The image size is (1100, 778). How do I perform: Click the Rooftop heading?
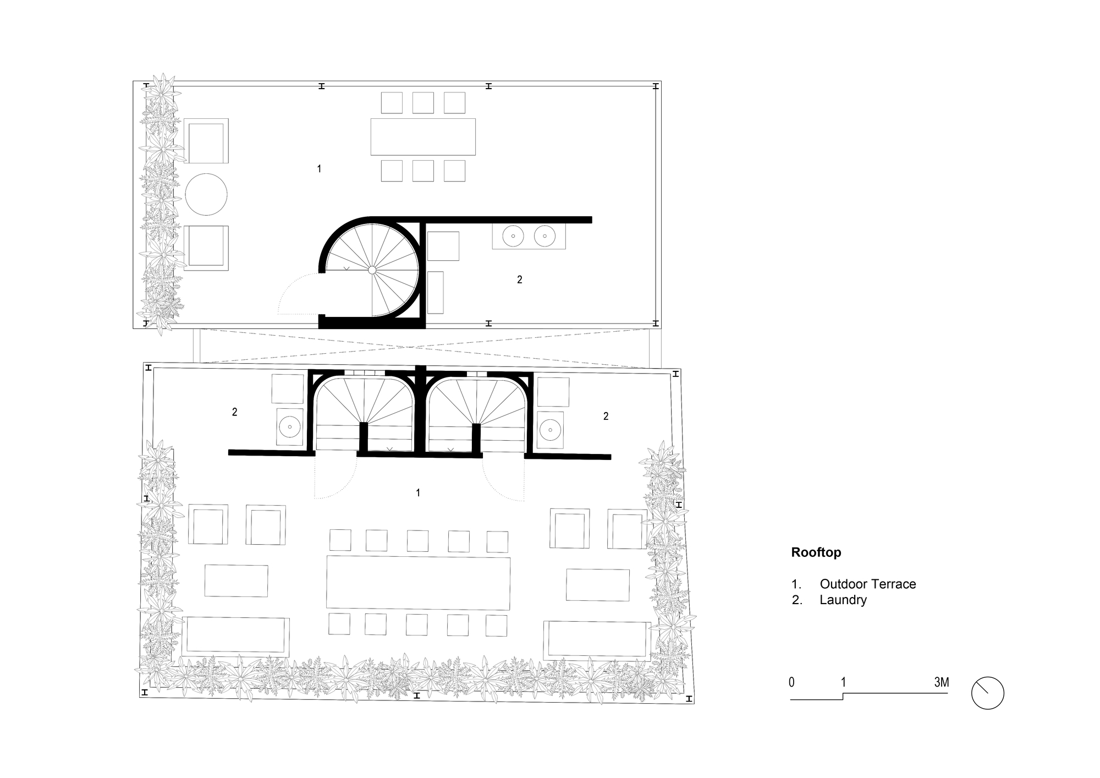816,552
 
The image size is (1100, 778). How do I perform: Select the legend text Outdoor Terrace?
867,584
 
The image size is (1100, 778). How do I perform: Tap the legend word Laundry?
843,600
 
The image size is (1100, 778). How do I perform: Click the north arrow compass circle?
987,693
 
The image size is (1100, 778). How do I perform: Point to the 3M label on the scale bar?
941,682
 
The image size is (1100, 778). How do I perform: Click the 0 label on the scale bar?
791,682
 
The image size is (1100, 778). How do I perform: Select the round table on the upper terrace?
206,194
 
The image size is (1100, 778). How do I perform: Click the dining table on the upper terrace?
422,136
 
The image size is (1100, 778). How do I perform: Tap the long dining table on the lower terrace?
418,583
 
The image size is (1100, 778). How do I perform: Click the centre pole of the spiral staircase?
372,270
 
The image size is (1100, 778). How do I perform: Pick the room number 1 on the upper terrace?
319,169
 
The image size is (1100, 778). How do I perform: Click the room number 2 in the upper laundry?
519,280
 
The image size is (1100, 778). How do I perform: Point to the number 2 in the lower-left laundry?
234,412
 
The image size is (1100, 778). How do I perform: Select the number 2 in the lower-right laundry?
606,416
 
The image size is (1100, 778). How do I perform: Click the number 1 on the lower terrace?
418,492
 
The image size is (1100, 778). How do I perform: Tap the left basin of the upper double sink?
513,235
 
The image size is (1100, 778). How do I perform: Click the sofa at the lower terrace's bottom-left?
235,637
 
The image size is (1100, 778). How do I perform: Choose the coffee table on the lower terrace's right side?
597,585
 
